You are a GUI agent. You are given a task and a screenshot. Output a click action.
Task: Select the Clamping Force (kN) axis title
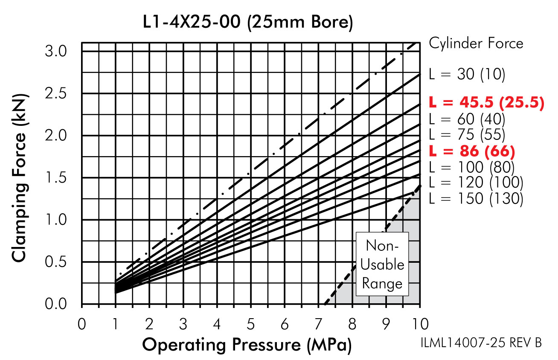[20, 178]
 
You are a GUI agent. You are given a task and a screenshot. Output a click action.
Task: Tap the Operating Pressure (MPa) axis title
[247, 345]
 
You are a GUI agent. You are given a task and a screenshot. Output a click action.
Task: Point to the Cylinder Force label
[476, 44]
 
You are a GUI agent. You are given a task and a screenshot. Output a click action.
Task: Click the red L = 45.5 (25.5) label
[486, 102]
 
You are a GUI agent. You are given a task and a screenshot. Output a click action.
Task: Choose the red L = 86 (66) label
[472, 151]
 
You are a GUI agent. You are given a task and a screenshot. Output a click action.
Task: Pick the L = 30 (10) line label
[467, 74]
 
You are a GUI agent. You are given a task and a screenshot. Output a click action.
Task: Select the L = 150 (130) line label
[476, 199]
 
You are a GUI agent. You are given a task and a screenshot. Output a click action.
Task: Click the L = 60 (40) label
[467, 119]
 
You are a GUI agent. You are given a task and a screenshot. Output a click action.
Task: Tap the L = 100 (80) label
[472, 167]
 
